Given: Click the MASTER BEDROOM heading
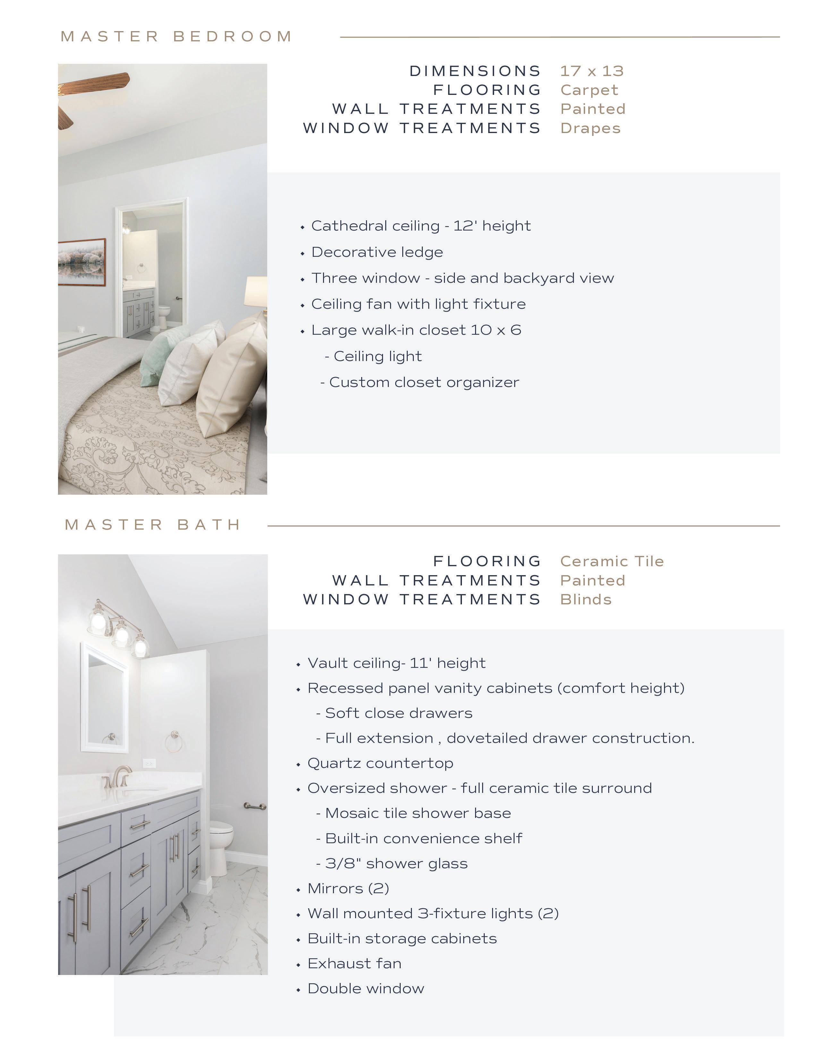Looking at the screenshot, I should click(176, 36).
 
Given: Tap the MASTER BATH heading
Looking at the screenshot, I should click(153, 525).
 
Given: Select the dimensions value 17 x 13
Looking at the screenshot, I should click(592, 71).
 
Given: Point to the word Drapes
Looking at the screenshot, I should click(590, 128).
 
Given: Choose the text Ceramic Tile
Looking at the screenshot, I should click(611, 561).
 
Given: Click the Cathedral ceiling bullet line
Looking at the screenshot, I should click(421, 226).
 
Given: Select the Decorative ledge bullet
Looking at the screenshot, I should click(377, 252).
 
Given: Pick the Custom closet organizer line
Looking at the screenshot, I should click(423, 382).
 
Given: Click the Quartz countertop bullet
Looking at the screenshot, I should click(380, 763).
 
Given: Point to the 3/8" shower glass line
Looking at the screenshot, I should click(396, 863).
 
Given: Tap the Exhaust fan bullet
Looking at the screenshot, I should click(354, 963).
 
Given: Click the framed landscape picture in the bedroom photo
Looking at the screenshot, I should click(81, 262).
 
